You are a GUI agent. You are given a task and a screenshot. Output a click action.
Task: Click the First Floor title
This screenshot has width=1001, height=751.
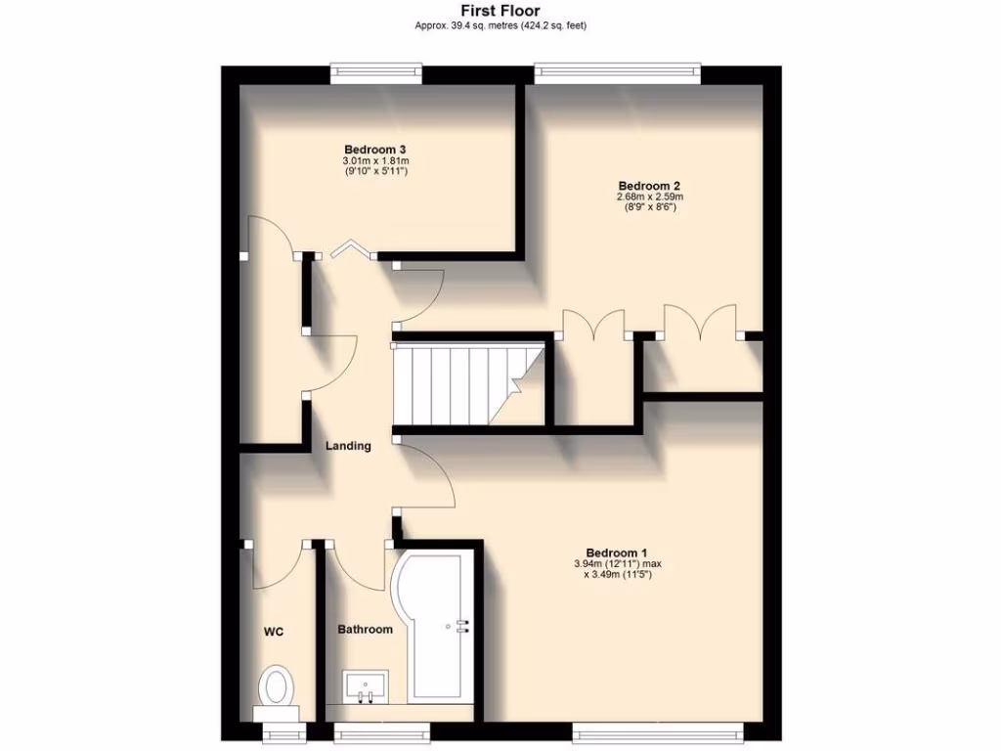(500, 11)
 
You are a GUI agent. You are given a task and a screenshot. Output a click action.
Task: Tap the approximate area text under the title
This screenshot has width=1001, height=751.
(500, 26)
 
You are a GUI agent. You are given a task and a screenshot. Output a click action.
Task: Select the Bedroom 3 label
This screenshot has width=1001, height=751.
(374, 149)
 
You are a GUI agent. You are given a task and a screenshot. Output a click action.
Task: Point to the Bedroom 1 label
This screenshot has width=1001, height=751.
(617, 552)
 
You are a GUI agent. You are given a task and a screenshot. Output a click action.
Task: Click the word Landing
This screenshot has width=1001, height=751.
(348, 446)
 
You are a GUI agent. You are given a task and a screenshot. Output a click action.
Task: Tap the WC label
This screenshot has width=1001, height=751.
(274, 633)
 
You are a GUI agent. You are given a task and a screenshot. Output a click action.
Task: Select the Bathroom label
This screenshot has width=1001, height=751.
(365, 629)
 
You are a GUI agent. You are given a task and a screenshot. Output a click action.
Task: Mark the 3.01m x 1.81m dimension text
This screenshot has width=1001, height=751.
(374, 160)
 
